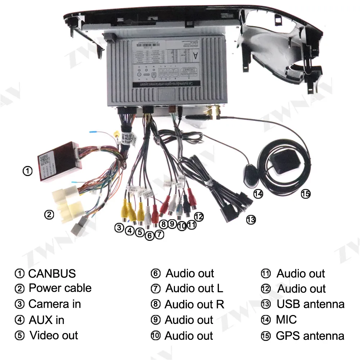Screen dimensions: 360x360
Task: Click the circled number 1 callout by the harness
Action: [x=27, y=171]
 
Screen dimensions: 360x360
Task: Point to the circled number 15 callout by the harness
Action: [x=305, y=194]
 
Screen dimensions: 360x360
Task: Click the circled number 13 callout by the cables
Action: [x=251, y=219]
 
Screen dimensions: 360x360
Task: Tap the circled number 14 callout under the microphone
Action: [x=258, y=194]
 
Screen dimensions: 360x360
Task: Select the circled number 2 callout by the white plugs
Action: [x=49, y=215]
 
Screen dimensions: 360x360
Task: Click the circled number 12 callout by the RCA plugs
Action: [x=199, y=216]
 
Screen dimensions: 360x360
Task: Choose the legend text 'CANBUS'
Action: [x=52, y=274]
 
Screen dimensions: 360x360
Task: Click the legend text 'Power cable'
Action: [x=60, y=288]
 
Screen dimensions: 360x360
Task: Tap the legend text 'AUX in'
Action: [x=46, y=320]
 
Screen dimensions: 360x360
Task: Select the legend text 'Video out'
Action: [x=54, y=336]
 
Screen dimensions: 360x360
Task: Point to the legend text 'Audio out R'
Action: [x=194, y=305]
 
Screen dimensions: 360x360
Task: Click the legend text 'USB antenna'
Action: [x=310, y=304]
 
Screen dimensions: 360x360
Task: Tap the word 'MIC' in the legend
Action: [x=287, y=320]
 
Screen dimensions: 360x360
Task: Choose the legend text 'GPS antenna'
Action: [x=310, y=336]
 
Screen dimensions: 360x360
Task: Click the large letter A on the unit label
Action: [x=195, y=55]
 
